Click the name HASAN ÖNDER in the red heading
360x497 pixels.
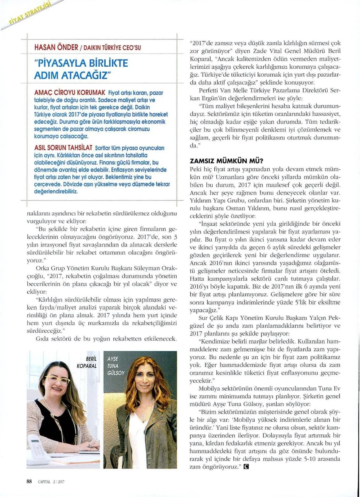tap(56, 47)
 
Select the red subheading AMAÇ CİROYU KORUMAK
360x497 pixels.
tap(70, 92)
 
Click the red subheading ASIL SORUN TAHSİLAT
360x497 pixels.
tap(63, 148)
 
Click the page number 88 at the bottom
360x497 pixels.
tap(29, 481)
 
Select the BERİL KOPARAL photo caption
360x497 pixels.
tap(87, 362)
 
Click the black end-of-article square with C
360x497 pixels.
tap(246, 466)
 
